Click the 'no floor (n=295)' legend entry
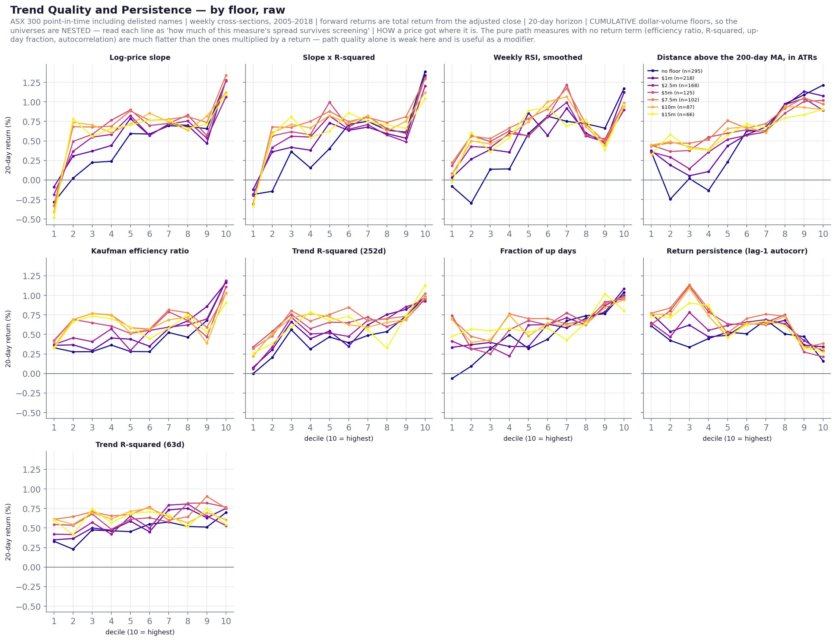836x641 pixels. pyautogui.click(x=675, y=71)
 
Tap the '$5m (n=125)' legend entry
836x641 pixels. pyautogui.click(x=671, y=93)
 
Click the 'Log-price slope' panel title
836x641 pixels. pyautogui.click(x=140, y=58)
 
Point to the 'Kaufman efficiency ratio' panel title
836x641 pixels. pyautogui.click(x=140, y=251)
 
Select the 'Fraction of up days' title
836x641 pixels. pyautogui.click(x=538, y=251)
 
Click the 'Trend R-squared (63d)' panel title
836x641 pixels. pyautogui.click(x=140, y=444)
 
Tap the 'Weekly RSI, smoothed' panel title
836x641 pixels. pyautogui.click(x=538, y=58)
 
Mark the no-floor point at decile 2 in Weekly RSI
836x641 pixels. pyautogui.click(x=471, y=204)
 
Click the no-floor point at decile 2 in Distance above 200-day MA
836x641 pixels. pyautogui.click(x=670, y=199)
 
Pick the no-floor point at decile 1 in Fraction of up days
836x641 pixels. pyautogui.click(x=452, y=378)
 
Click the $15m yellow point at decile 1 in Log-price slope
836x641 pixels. pyautogui.click(x=54, y=217)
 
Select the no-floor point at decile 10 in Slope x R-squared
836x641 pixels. pyautogui.click(x=425, y=72)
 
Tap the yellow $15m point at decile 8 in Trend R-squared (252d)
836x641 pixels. pyautogui.click(x=387, y=347)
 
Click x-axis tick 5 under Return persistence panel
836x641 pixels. pyautogui.click(x=728, y=428)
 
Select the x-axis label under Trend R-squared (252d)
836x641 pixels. pyautogui.click(x=338, y=439)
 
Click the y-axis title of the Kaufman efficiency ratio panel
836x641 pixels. pyautogui.click(x=8, y=339)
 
